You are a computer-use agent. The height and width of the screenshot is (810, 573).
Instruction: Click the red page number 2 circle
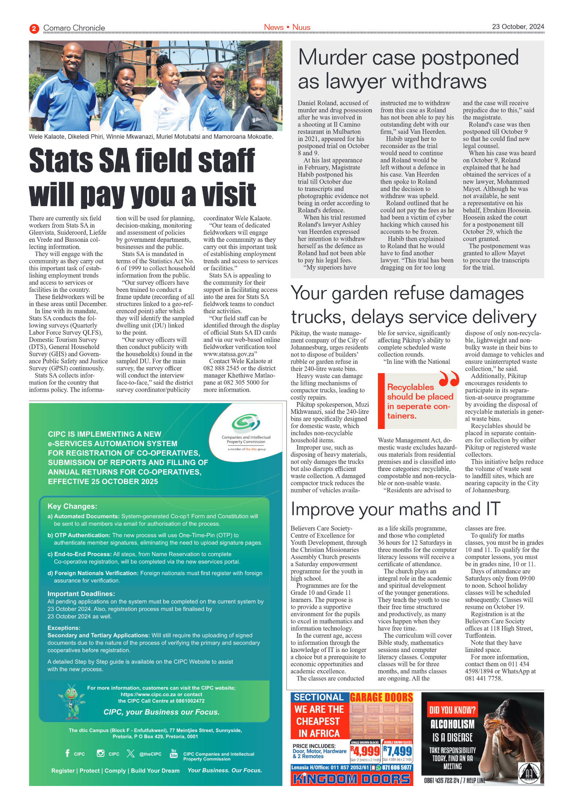(34, 28)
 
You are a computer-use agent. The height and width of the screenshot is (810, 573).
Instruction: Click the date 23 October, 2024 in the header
(518, 27)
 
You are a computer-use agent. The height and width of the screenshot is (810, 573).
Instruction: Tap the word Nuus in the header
(301, 27)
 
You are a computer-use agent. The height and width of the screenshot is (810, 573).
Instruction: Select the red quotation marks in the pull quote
(449, 378)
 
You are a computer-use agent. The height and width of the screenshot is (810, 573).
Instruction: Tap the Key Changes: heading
(72, 506)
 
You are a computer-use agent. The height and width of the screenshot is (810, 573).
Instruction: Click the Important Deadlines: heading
(81, 594)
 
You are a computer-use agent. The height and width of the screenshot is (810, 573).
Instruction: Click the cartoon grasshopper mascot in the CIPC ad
(71, 701)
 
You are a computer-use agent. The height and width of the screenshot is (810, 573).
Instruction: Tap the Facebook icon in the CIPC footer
(67, 753)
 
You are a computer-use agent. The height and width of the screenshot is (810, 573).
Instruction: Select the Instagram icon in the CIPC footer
(101, 753)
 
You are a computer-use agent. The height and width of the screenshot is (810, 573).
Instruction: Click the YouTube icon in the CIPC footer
(174, 753)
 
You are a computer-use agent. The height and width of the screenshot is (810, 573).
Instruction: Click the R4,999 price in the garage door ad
(365, 751)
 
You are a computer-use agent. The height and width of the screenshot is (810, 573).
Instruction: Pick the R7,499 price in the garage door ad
(398, 751)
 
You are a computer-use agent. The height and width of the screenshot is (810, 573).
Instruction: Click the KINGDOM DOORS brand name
(351, 779)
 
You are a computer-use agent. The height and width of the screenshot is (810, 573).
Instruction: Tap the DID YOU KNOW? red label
(452, 710)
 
